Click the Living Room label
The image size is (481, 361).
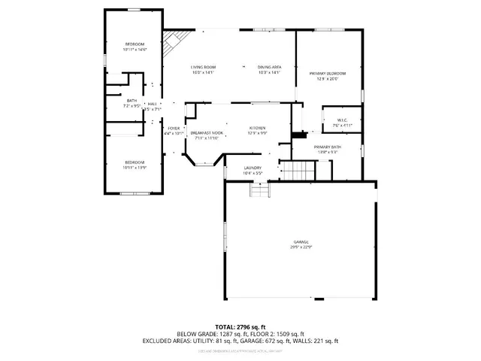point(203,70)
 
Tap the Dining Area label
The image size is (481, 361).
point(268,70)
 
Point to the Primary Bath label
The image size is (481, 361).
point(327,149)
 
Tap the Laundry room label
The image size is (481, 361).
point(253,170)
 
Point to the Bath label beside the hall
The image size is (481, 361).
point(132,103)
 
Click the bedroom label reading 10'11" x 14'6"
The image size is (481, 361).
point(135,47)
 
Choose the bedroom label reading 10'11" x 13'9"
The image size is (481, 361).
point(135,165)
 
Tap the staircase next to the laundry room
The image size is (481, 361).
point(297,171)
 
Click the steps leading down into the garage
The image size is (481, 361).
point(259,191)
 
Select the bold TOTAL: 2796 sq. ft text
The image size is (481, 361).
point(240,327)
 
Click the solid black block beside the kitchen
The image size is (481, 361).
point(299,135)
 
